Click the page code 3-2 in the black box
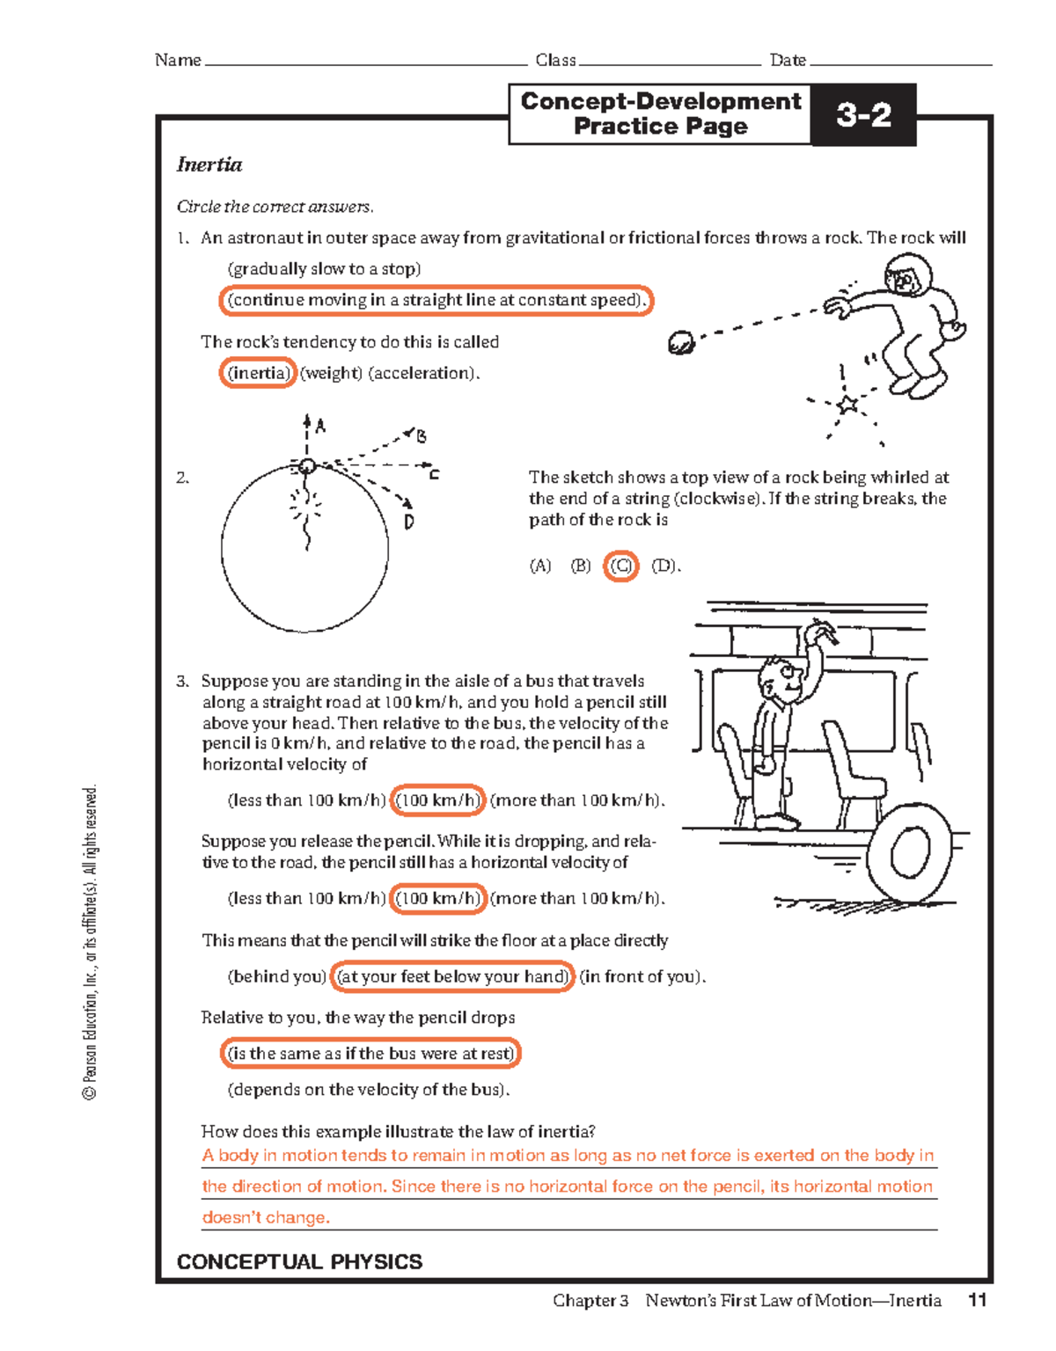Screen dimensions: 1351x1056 coord(862,114)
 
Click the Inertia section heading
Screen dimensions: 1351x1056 coord(209,164)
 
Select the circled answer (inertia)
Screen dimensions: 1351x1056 coord(257,373)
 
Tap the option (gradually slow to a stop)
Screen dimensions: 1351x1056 coord(324,269)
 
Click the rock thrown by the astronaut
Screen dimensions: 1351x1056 coord(681,342)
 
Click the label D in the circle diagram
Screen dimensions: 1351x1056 coord(409,522)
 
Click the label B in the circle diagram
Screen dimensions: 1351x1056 coord(422,437)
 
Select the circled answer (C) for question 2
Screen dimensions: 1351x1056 coord(621,566)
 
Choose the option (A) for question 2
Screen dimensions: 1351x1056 coord(539,566)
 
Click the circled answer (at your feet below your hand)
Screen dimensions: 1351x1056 coord(452,976)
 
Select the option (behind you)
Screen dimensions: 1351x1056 coord(276,976)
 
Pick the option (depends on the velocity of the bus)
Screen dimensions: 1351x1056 coord(368,1090)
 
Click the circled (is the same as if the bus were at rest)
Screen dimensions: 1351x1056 coord(370,1053)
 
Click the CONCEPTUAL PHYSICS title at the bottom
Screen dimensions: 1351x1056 coord(299,1261)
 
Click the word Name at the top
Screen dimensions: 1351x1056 coord(178,60)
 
